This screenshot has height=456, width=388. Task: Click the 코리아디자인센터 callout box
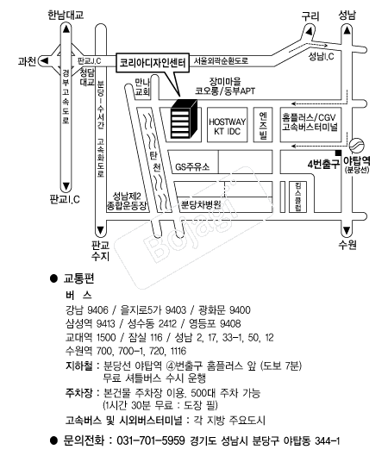point(153,63)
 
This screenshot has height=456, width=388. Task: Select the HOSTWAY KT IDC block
point(227,125)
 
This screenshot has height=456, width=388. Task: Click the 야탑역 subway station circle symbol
point(357,146)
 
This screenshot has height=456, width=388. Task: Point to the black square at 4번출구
point(338,153)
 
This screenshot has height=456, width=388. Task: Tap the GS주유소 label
point(192,167)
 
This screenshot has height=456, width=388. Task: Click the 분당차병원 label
point(201,205)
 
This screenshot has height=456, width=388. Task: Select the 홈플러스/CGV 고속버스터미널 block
point(310,125)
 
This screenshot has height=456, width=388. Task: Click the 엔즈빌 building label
point(263,125)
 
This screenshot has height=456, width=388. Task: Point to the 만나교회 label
point(142,87)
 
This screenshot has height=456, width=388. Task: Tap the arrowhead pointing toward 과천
point(45,61)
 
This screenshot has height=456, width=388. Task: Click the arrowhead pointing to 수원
point(347,230)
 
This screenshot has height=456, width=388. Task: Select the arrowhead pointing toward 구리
point(310,31)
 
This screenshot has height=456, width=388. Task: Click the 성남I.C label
point(321,56)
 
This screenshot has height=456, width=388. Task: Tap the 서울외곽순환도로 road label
point(221,61)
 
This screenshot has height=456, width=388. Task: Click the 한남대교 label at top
point(66,15)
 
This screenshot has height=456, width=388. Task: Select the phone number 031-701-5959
point(151,440)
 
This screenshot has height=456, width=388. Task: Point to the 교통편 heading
point(78,278)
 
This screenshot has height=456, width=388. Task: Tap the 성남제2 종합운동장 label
point(127,201)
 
